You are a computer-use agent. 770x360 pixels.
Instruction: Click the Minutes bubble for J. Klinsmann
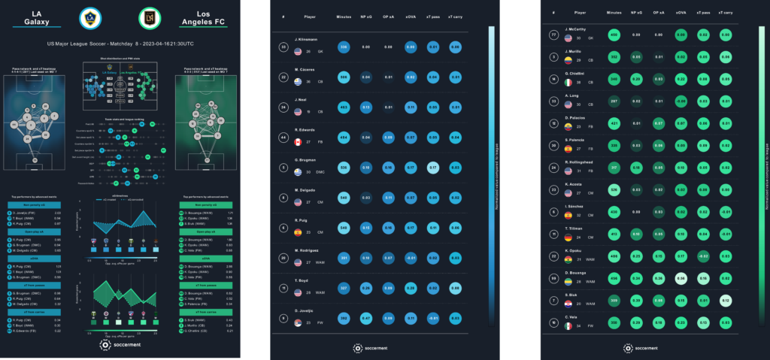click(x=344, y=47)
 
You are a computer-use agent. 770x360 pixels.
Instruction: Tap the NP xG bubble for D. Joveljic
click(x=366, y=319)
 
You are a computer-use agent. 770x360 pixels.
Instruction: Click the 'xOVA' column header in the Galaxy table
click(x=411, y=16)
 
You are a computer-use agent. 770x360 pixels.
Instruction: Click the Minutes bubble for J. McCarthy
click(x=614, y=35)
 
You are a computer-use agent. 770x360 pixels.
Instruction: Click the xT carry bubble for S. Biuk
click(x=725, y=301)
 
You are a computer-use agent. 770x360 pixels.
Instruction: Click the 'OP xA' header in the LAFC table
click(x=658, y=13)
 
